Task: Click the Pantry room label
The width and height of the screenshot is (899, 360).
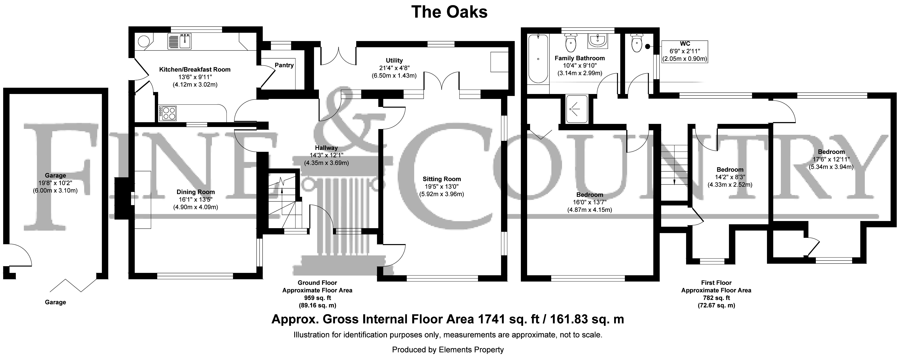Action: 284,65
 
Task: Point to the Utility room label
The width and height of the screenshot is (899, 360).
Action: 394,60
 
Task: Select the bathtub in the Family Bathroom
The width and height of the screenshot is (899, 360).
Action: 538,59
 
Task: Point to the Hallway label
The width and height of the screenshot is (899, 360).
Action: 326,148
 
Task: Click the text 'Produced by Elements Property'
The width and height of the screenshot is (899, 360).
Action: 448,350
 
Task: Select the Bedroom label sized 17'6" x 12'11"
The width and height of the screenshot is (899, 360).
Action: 831,152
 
